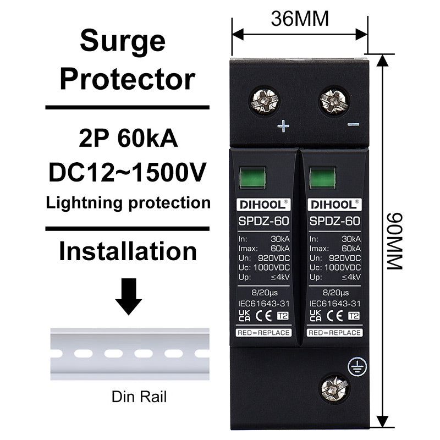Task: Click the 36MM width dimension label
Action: pos(300,19)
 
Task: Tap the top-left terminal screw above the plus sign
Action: pos(265,101)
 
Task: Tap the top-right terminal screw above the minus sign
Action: pos(334,101)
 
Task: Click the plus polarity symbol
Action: pos(283,127)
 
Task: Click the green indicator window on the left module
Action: pos(252,178)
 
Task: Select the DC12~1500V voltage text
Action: pos(128,172)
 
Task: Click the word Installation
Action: pos(128,251)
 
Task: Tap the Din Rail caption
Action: pos(139,397)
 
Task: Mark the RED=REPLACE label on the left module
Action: pos(263,333)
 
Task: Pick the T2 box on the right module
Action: pos(354,316)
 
